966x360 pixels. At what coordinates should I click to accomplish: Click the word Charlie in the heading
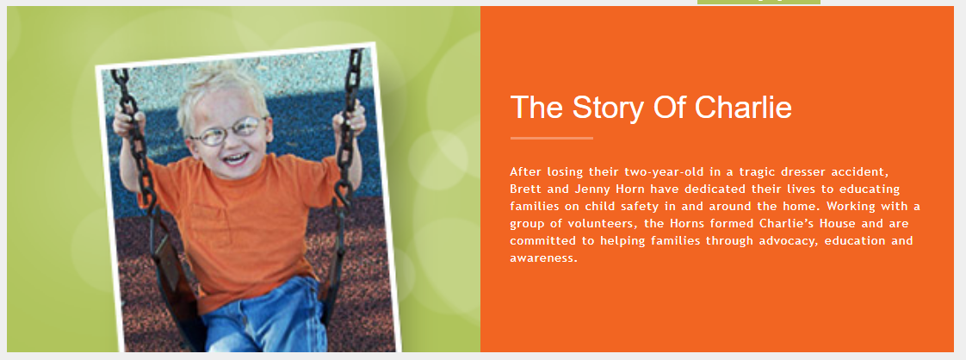coord(744,108)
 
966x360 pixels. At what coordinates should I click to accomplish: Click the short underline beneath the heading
coord(551,138)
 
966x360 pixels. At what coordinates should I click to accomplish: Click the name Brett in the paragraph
coord(525,189)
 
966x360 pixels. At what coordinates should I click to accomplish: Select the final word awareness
coord(543,258)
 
